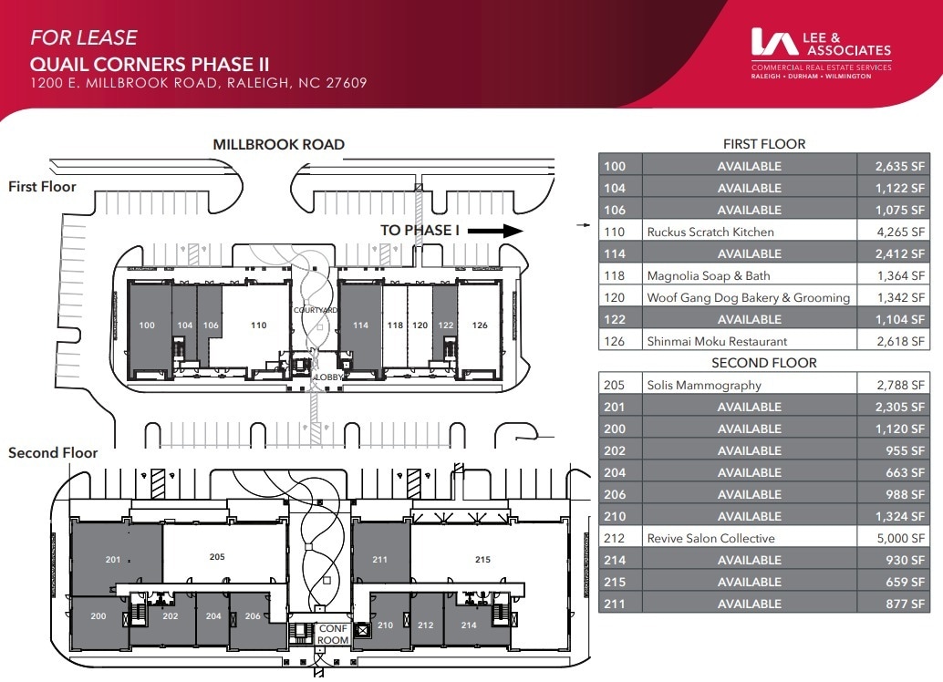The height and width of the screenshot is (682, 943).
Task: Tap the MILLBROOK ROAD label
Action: pos(278,144)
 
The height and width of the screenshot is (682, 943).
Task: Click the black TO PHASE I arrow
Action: pos(500,231)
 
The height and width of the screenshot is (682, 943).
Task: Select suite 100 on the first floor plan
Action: pos(147,325)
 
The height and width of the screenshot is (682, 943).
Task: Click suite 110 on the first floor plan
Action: pos(258,325)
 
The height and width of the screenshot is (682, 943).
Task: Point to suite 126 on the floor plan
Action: pos(480,325)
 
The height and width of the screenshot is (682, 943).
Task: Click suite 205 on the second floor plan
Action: pos(217,557)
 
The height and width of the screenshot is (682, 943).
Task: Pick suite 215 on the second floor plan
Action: pos(482,559)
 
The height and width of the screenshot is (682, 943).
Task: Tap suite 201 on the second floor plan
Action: pos(113,559)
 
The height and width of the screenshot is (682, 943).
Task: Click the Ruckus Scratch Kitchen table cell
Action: pos(710,232)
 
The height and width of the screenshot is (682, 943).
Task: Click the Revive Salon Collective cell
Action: pos(710,538)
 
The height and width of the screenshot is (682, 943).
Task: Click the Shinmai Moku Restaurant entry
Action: pos(717,341)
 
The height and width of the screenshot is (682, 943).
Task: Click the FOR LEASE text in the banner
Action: pos(84,38)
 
